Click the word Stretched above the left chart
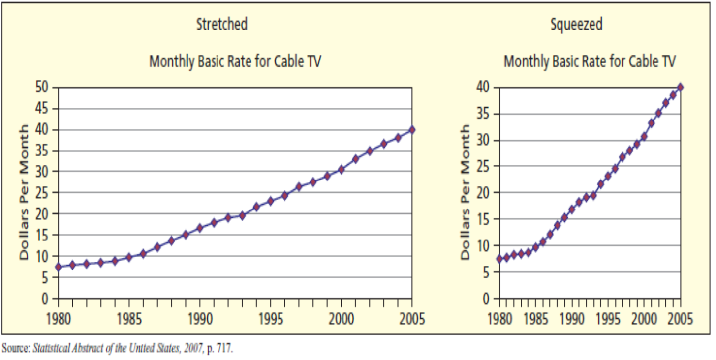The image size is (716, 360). pyautogui.click(x=222, y=24)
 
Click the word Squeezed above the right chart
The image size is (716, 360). pyautogui.click(x=576, y=24)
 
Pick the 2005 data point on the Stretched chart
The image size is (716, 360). pyautogui.click(x=412, y=130)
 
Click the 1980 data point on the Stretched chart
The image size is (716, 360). pyautogui.click(x=58, y=267)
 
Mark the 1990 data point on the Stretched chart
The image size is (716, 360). pyautogui.click(x=200, y=228)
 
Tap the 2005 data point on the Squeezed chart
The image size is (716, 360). pyautogui.click(x=681, y=88)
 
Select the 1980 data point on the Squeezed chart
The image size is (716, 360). pyautogui.click(x=499, y=259)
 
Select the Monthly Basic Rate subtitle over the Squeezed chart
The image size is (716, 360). pyautogui.click(x=590, y=62)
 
